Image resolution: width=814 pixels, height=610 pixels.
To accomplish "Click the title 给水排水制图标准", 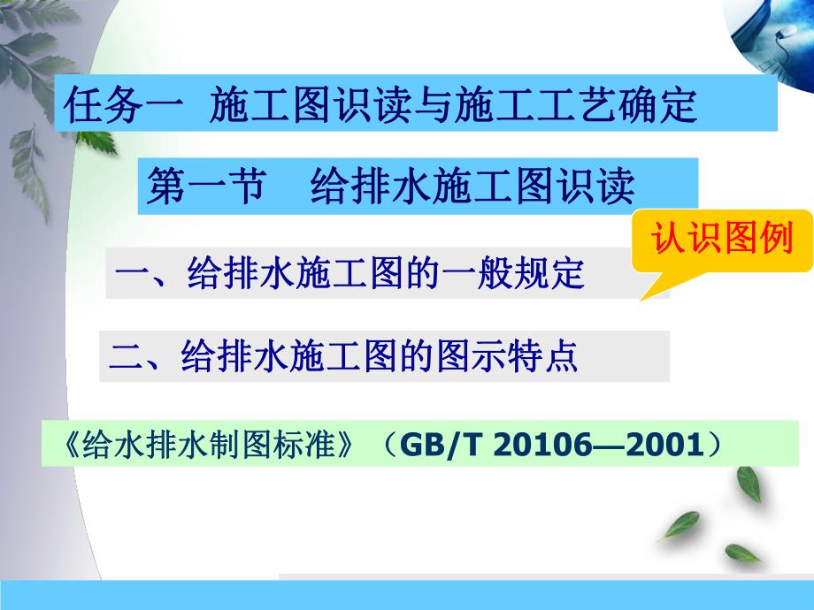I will click(211, 446).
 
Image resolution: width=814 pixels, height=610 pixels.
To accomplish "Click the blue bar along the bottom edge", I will click(407, 597).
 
